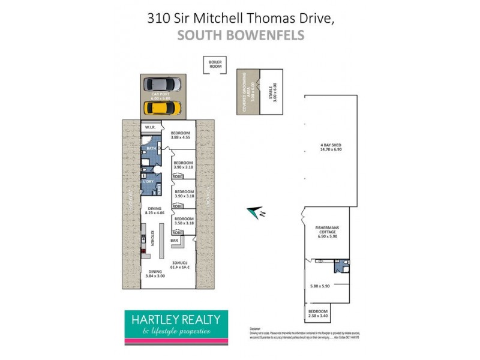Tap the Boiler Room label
tap(215, 64)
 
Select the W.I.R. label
tap(152, 128)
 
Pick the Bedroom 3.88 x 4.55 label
tap(181, 136)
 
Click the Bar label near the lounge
tap(175, 241)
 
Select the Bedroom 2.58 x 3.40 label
tap(318, 314)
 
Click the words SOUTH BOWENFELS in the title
tap(240, 35)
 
